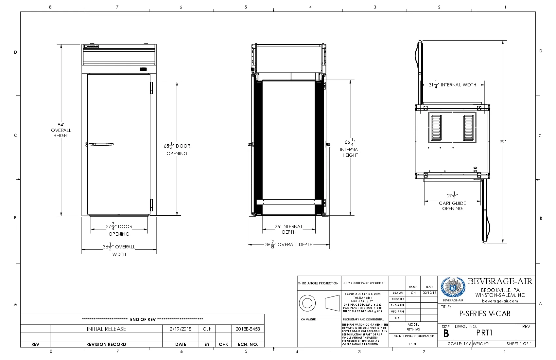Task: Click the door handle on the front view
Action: click(x=101, y=144)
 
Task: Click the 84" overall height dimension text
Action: click(x=61, y=130)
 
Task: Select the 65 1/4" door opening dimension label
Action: click(x=177, y=149)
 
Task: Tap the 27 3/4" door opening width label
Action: click(x=119, y=229)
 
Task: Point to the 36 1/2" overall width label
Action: click(x=119, y=250)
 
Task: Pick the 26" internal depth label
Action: click(x=289, y=229)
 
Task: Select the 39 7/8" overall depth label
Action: click(x=289, y=244)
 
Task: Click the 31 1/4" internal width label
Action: click(x=452, y=85)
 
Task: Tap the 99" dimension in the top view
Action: click(x=502, y=142)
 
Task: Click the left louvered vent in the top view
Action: click(x=436, y=128)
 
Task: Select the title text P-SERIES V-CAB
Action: click(x=485, y=314)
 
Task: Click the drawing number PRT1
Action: click(x=484, y=333)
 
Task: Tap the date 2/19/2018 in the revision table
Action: click(x=181, y=329)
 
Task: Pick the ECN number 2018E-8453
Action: click(x=248, y=329)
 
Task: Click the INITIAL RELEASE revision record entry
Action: click(x=106, y=329)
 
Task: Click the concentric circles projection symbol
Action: click(x=307, y=303)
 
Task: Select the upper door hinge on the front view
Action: click(x=151, y=87)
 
